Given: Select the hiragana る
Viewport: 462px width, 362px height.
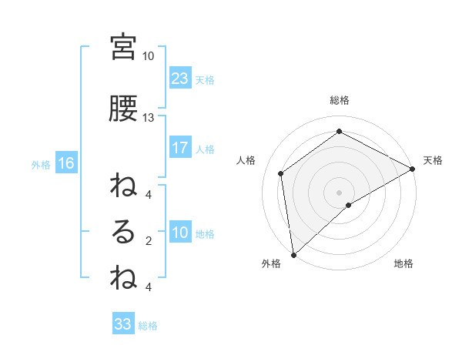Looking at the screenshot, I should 123,233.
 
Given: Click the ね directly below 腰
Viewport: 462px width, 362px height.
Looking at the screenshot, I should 123,187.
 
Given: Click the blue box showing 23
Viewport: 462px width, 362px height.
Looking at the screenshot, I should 179,79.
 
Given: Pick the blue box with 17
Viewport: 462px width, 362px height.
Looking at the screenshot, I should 179,148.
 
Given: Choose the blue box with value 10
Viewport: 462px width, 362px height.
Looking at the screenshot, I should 179,233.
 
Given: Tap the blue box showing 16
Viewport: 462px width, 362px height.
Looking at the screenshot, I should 65,163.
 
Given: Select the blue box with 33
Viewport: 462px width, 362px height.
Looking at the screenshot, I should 123,324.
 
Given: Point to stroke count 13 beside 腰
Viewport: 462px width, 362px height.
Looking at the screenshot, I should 148,118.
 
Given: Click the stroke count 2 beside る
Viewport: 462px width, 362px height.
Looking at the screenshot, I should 148,241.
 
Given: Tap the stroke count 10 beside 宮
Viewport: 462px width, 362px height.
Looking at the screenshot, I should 148,56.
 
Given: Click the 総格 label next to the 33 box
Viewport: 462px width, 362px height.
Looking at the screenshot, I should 148,326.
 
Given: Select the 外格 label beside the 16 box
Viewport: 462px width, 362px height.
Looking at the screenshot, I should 41,164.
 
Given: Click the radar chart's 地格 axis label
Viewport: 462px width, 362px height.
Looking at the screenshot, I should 403,264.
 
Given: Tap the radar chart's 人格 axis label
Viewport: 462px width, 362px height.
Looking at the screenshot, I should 247,159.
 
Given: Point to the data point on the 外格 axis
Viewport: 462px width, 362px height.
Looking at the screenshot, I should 293,254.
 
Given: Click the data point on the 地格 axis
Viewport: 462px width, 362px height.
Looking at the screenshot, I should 349,205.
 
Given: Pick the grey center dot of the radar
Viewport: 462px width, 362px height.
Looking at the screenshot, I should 339,191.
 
